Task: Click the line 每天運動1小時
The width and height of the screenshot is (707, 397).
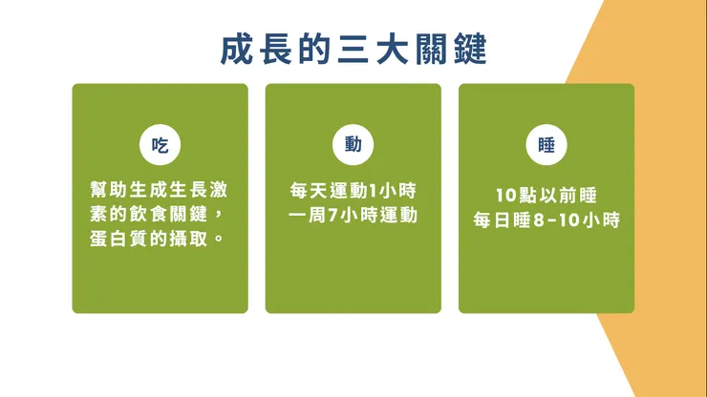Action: click(x=353, y=189)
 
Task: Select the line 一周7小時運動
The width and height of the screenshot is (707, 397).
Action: click(x=353, y=214)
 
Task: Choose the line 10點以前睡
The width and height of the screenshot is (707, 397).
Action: click(x=546, y=196)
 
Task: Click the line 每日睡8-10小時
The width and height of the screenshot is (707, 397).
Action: click(x=546, y=220)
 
